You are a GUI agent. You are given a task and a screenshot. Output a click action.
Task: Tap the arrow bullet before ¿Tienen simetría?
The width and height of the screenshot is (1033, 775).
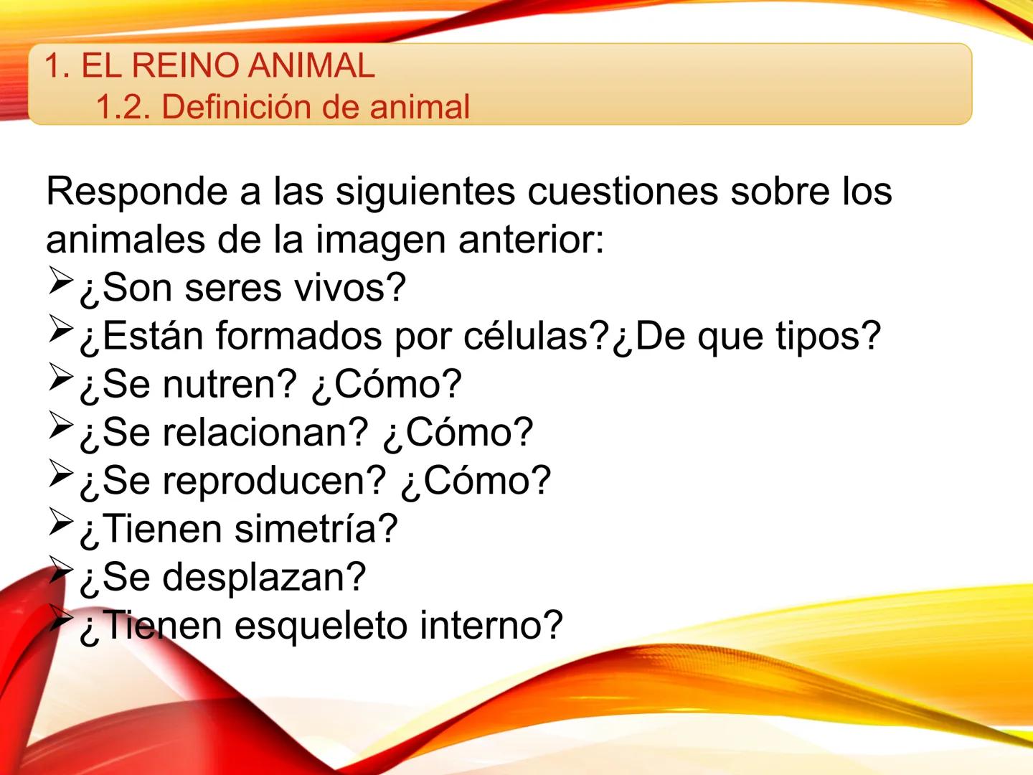coord(61,522)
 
